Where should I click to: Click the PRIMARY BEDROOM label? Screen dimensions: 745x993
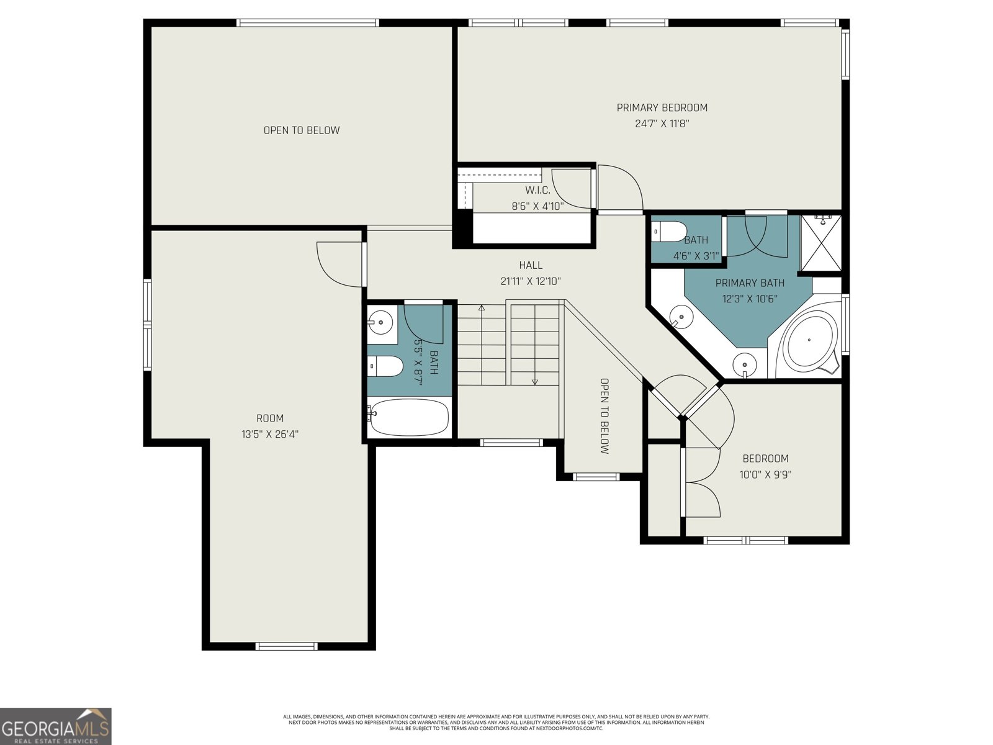pyautogui.click(x=662, y=107)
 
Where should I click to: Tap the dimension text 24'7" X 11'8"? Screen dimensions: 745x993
pyautogui.click(x=662, y=124)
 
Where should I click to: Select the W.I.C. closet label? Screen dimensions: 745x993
pyautogui.click(x=537, y=190)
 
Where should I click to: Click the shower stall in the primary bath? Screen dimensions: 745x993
pyautogui.click(x=820, y=243)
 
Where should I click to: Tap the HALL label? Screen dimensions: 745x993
pyautogui.click(x=531, y=265)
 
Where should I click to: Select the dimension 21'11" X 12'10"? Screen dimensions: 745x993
pyautogui.click(x=531, y=281)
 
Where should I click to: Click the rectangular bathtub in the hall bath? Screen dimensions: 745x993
pyautogui.click(x=408, y=417)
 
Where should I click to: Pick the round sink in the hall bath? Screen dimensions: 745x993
pyautogui.click(x=379, y=322)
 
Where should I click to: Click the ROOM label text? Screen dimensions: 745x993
pyautogui.click(x=270, y=418)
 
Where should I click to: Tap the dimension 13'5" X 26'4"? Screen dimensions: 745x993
pyautogui.click(x=270, y=435)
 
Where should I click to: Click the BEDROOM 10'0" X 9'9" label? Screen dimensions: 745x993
pyautogui.click(x=765, y=466)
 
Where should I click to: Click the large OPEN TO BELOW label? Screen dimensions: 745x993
pyautogui.click(x=302, y=130)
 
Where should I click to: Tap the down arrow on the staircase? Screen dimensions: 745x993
pyautogui.click(x=535, y=381)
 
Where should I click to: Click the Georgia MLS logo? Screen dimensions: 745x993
pyautogui.click(x=56, y=726)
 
